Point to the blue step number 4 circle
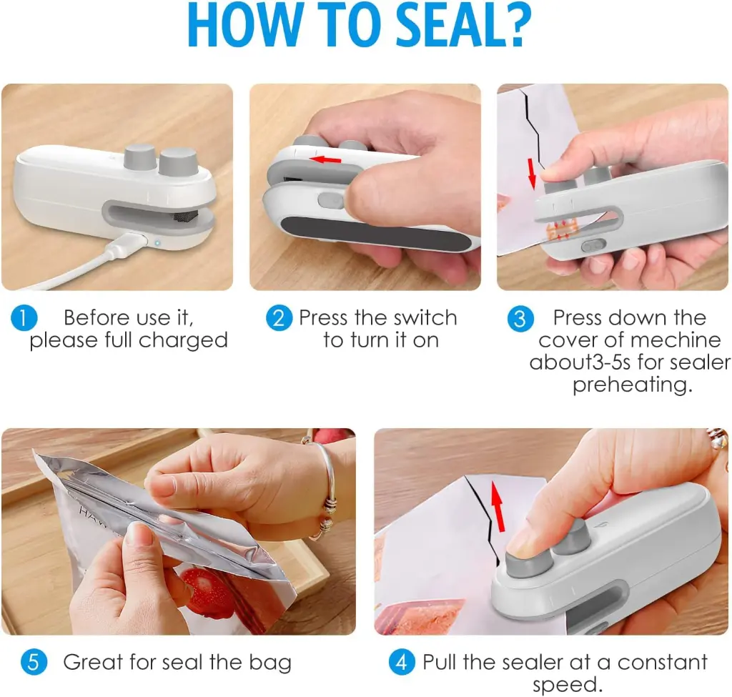coord(402,662)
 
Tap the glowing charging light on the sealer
coord(157,242)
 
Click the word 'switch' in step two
coord(422,318)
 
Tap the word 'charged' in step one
coord(183,340)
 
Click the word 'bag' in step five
coord(272,663)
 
